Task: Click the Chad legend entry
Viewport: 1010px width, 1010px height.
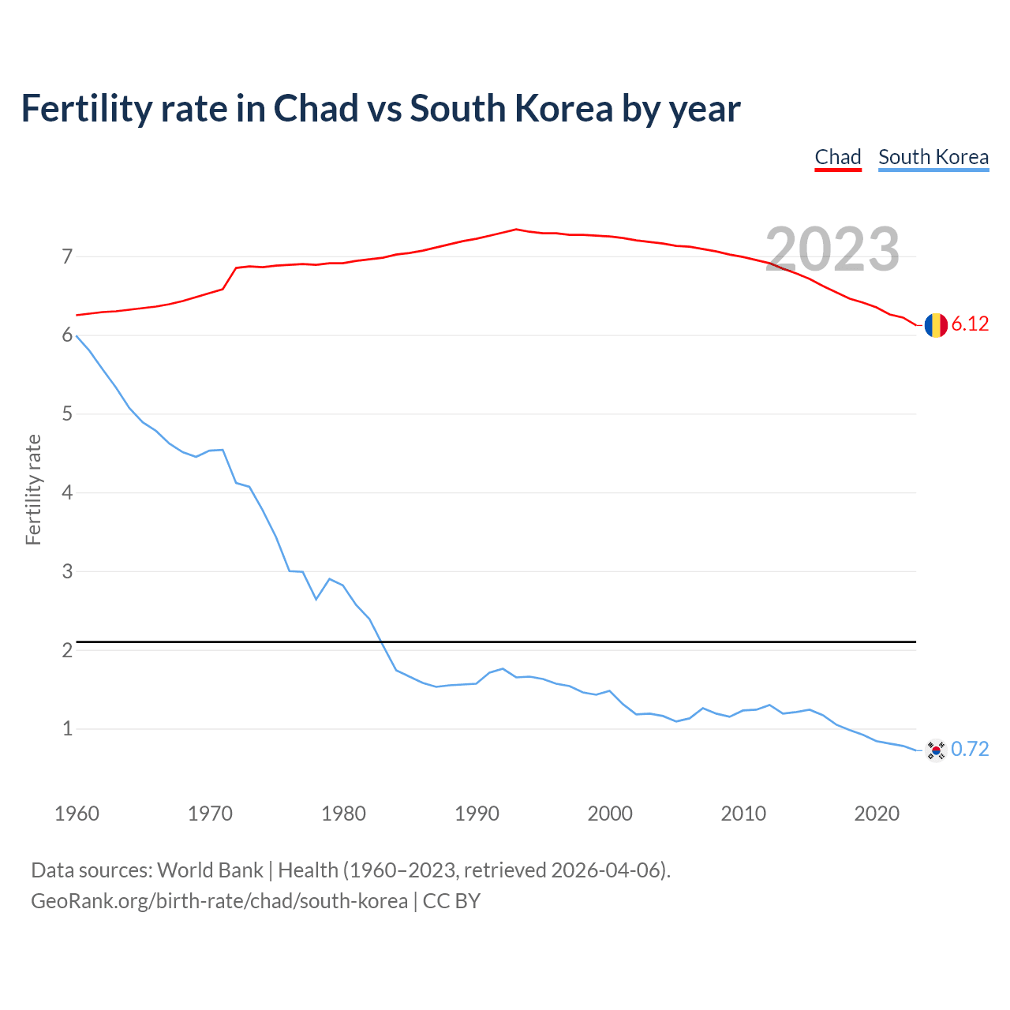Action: pos(837,157)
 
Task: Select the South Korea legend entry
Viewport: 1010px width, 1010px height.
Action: pos(933,157)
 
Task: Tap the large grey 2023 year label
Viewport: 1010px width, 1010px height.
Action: pos(832,249)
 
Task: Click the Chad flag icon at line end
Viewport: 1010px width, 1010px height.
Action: pos(936,324)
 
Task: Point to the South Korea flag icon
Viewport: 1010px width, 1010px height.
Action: pos(936,750)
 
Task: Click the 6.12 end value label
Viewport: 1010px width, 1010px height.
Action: pos(970,324)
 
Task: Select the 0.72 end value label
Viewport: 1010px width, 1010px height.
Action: pos(970,750)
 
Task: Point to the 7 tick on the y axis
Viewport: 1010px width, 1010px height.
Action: pos(67,256)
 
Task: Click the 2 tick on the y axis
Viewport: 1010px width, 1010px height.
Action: pos(67,650)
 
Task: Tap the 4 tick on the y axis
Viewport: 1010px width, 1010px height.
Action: pos(67,492)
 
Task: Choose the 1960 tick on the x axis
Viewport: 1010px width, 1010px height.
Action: pos(77,814)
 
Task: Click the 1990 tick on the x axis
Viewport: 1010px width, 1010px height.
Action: pos(477,814)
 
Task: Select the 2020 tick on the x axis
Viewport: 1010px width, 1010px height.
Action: pos(877,814)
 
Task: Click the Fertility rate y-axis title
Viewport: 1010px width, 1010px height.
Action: pos(33,489)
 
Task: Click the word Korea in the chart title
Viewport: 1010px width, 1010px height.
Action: pos(563,109)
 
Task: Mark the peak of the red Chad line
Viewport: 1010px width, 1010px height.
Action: pos(516,230)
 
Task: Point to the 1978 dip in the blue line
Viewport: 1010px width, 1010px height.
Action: pos(316,599)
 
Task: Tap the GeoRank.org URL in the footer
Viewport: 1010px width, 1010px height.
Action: pos(219,901)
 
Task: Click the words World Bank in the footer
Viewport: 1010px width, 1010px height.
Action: pos(210,870)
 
